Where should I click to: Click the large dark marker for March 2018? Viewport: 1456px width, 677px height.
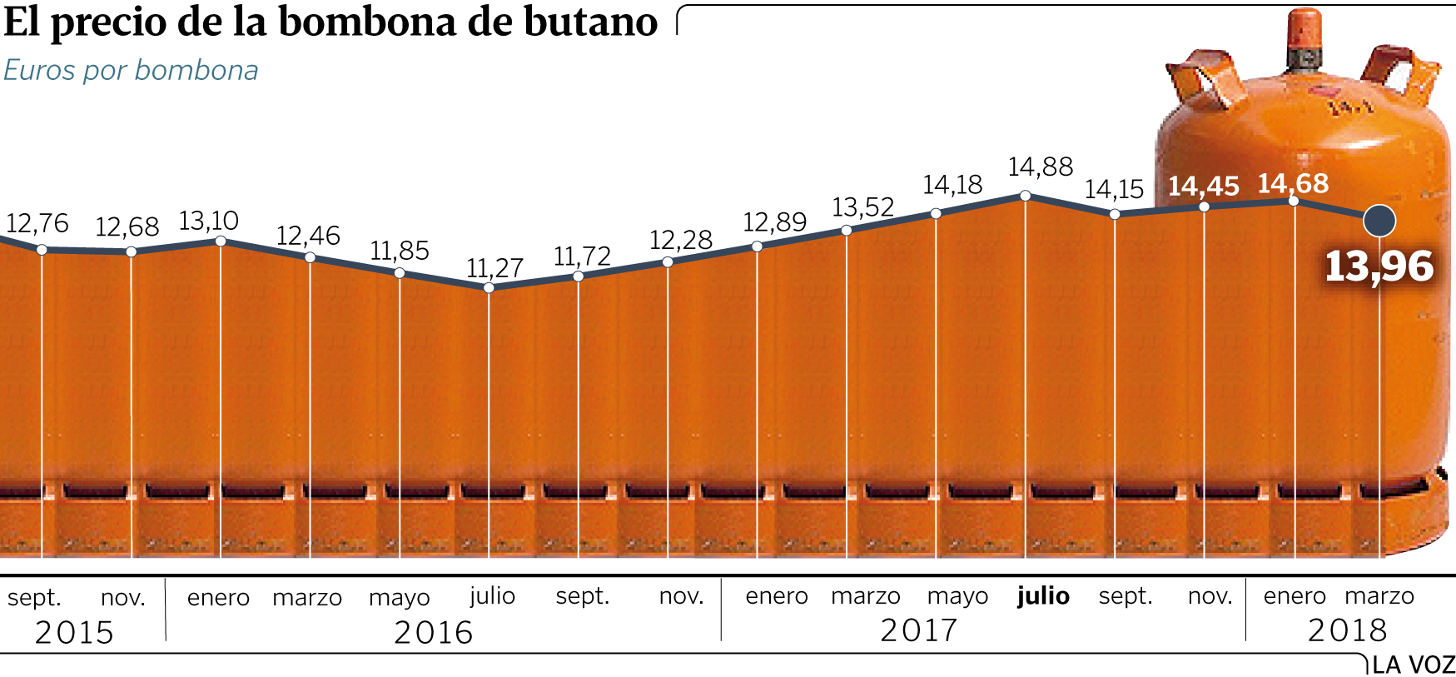(x=1379, y=221)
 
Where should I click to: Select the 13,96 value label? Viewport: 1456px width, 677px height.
(x=1379, y=266)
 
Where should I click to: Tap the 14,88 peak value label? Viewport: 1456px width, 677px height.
(x=1040, y=167)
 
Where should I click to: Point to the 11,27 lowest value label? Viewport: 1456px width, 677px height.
(x=494, y=268)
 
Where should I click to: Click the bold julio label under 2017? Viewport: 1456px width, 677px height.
(x=1043, y=596)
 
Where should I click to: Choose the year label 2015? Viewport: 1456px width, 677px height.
(x=74, y=633)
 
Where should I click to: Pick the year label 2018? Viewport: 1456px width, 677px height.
(x=1348, y=630)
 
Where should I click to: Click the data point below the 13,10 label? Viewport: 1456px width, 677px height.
(x=221, y=241)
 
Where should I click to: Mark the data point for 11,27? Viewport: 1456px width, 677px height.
(x=489, y=288)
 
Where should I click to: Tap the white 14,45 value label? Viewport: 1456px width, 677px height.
(x=1203, y=186)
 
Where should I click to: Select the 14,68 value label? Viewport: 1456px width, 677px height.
(x=1293, y=183)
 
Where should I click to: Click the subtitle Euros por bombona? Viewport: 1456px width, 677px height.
(x=131, y=71)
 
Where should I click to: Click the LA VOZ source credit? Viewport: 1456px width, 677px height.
(x=1413, y=665)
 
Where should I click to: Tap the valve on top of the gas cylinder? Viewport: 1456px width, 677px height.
(x=1303, y=42)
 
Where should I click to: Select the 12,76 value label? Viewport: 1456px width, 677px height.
(x=37, y=223)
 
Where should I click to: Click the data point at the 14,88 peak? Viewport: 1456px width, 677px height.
(x=1026, y=196)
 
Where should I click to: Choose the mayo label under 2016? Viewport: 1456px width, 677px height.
(x=399, y=597)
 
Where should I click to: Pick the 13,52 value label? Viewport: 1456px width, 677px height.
(x=862, y=207)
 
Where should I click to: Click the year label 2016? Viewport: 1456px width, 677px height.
(x=433, y=633)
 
